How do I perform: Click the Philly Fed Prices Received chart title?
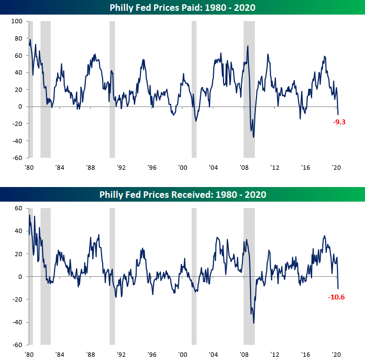182,194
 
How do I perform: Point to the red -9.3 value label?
339,122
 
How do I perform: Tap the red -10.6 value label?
336,296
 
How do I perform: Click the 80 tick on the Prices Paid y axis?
17,38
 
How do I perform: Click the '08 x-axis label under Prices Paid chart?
245,168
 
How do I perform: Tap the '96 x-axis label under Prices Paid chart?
152,168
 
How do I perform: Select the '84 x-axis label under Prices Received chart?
60,354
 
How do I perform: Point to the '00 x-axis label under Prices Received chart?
182,354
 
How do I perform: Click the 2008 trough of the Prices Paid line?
254,137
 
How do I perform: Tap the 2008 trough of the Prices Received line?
254,323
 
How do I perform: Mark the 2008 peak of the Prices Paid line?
248,46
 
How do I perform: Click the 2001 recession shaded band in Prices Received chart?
194,276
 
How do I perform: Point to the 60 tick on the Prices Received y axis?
17,208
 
